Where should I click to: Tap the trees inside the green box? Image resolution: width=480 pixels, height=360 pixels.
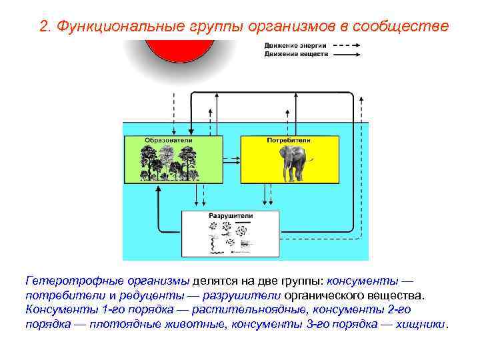point(170,163)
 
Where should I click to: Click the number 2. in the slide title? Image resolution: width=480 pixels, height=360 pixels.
point(45,27)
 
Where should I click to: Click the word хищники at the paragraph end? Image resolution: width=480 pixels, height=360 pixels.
point(424,325)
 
